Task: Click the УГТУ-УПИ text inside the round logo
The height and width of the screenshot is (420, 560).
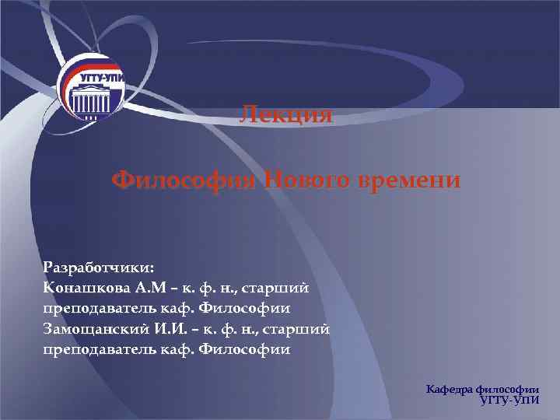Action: coord(101,79)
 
